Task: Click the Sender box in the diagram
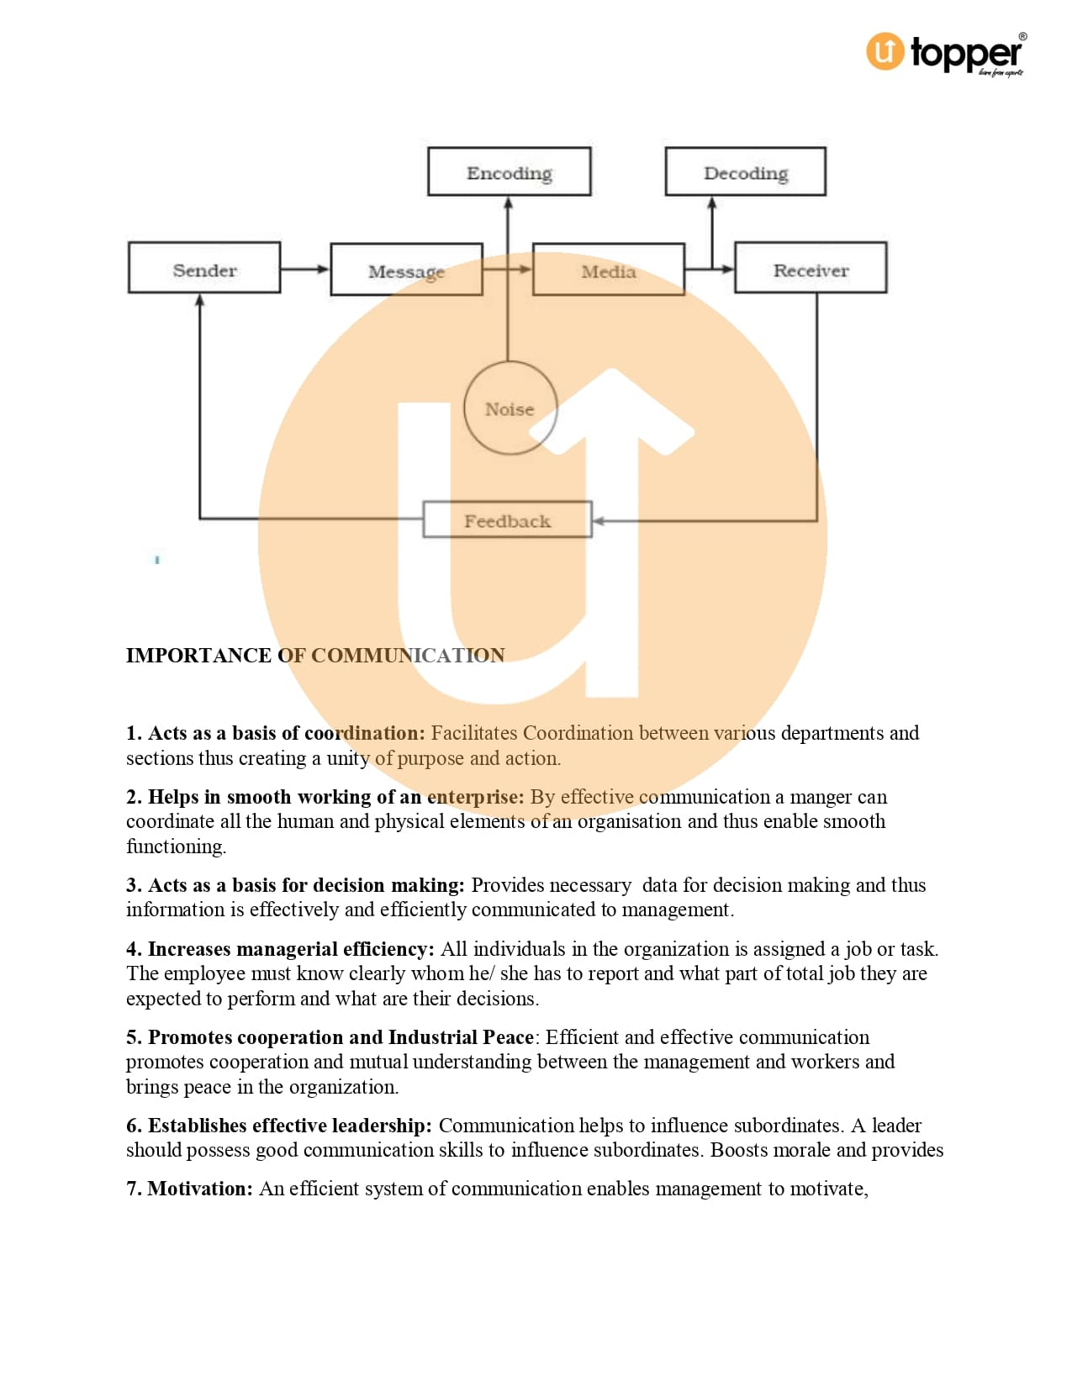(204, 268)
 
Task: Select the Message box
(406, 270)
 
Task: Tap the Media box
(609, 270)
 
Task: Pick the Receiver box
(811, 268)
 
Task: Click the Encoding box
(510, 171)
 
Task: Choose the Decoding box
(746, 171)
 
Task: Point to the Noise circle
(510, 409)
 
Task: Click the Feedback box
(507, 519)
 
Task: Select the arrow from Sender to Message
(305, 269)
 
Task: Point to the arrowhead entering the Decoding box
(712, 203)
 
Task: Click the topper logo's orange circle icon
(885, 51)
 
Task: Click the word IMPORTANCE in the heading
(198, 656)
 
